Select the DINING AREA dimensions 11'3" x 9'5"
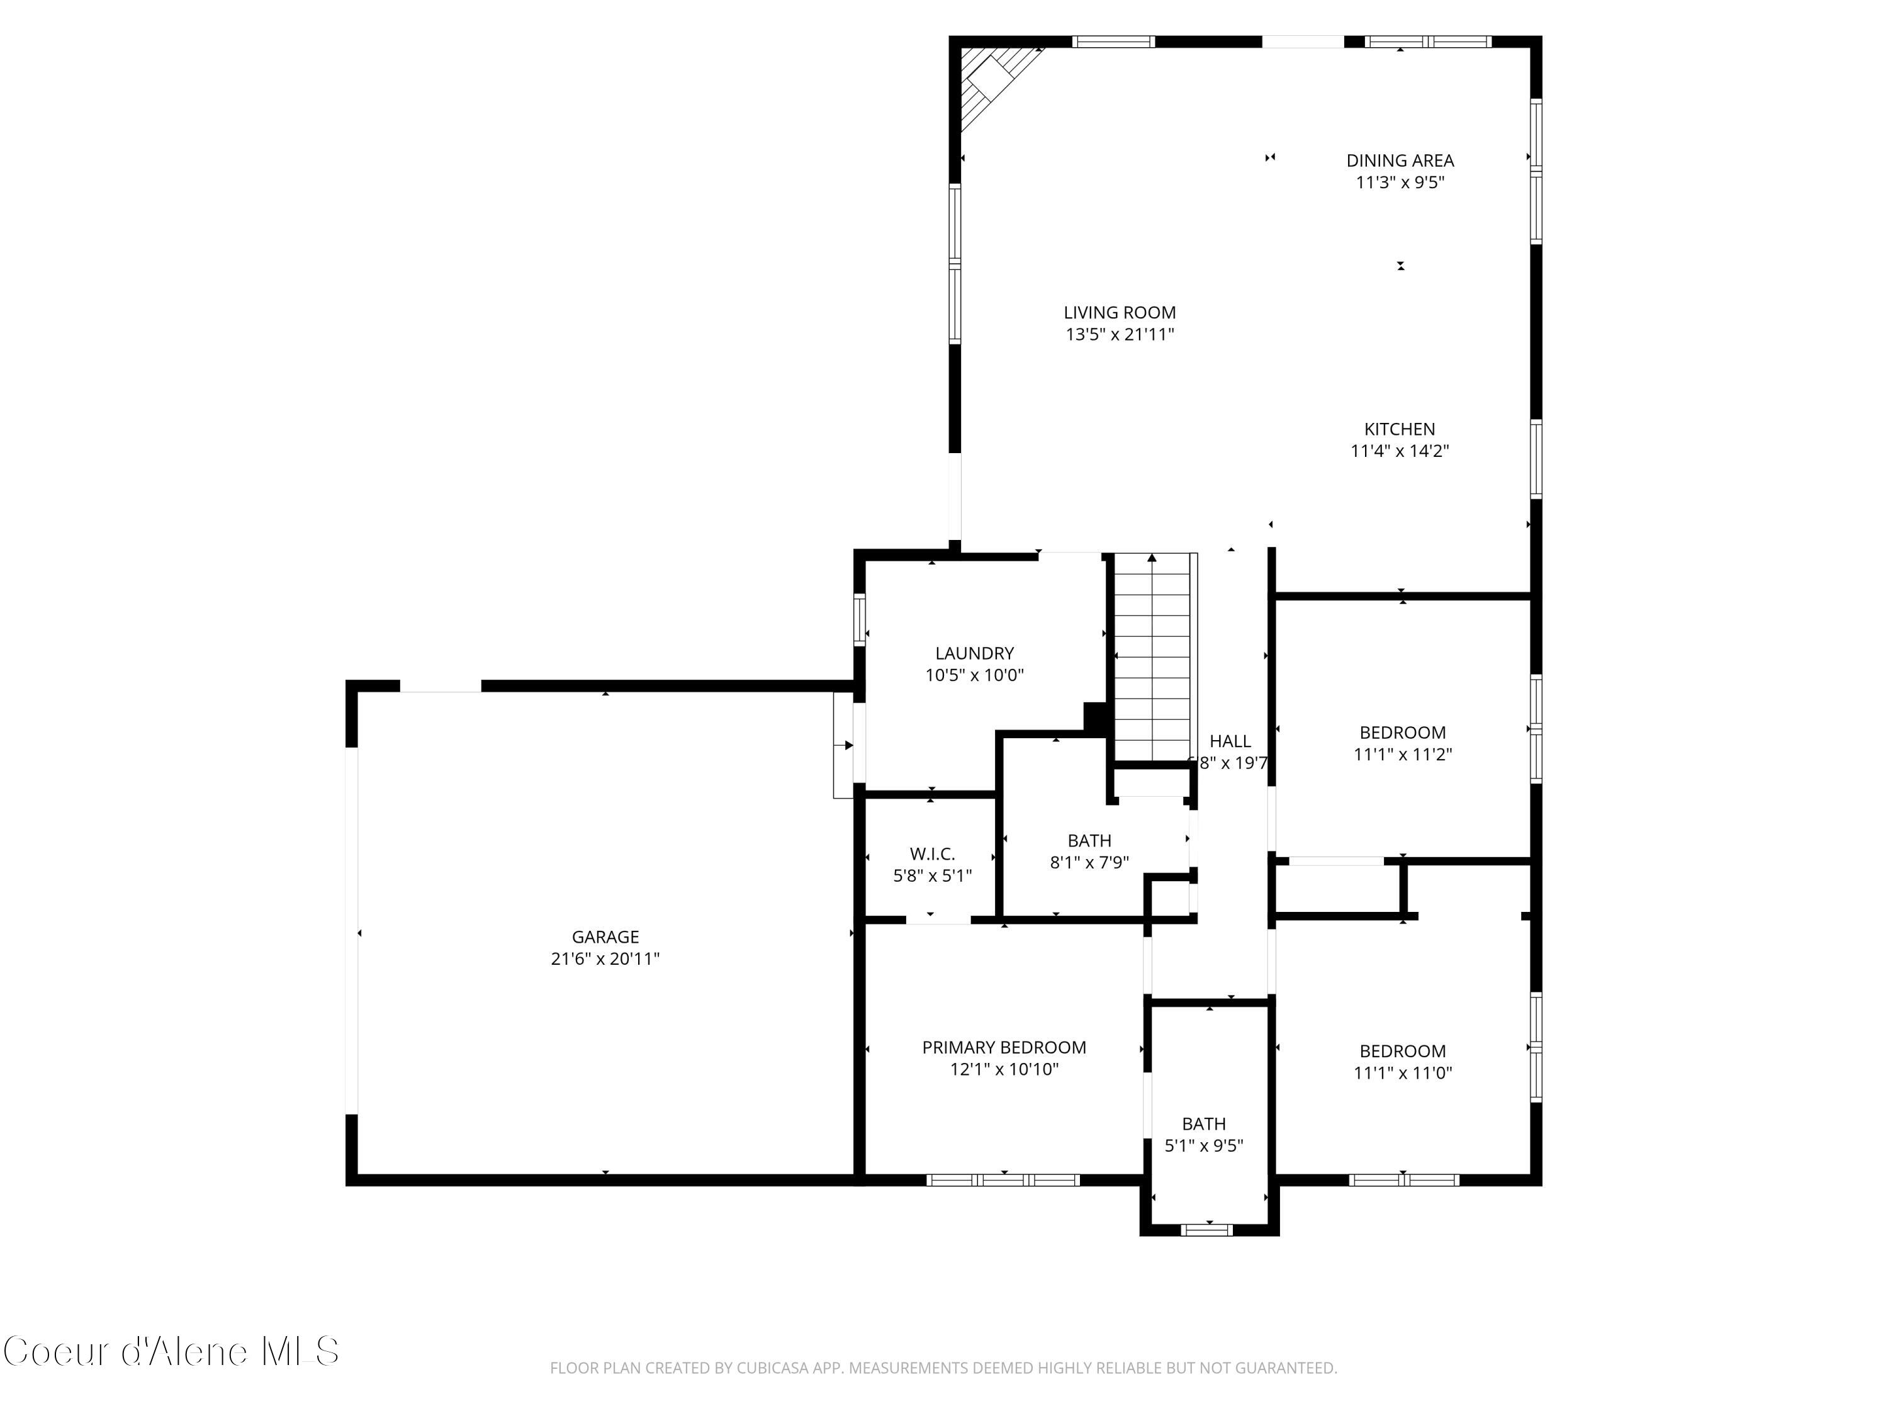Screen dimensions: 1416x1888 click(1399, 183)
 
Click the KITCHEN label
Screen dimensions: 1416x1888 click(1399, 429)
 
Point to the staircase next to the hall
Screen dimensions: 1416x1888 click(1152, 657)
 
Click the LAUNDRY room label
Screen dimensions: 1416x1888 click(974, 654)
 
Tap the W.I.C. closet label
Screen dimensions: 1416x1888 click(932, 853)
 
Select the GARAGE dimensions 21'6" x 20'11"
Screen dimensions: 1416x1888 click(605, 959)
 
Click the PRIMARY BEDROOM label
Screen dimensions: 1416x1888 click(1004, 1047)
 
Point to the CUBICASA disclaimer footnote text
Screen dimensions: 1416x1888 click(943, 1368)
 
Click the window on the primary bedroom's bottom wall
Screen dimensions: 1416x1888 click(1003, 1181)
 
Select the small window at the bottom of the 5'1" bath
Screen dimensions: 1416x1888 click(1206, 1229)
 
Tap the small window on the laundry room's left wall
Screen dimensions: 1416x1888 click(860, 619)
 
